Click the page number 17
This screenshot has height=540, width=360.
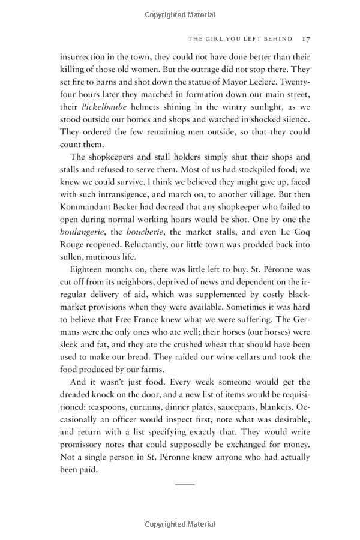(x=305, y=39)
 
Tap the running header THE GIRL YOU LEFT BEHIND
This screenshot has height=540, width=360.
(x=240, y=39)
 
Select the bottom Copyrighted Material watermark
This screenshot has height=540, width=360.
(x=180, y=524)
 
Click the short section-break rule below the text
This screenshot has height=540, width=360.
(x=185, y=483)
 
